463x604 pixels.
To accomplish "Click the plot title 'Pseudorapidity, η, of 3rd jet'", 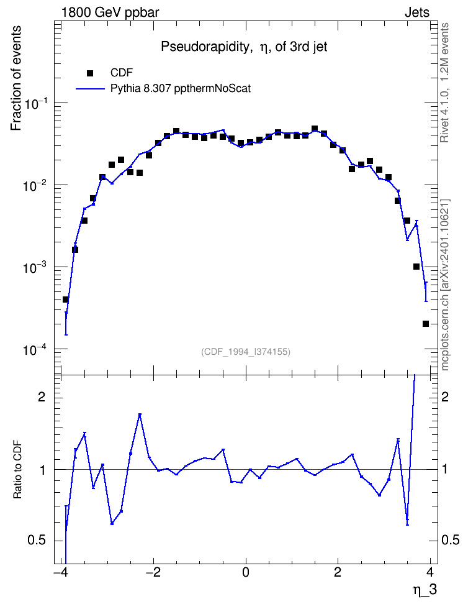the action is click(x=244, y=47).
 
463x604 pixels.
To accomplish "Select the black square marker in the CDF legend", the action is click(x=90, y=73).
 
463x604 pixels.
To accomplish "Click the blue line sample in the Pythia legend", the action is click(x=90, y=89).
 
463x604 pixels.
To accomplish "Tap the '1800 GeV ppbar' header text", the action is click(x=110, y=12).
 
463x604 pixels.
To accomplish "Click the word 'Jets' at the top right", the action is click(x=417, y=12).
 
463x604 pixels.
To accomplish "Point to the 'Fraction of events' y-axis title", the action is click(x=16, y=78).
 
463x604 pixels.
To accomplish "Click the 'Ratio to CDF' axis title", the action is click(x=17, y=470).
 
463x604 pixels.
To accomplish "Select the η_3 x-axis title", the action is click(x=425, y=589).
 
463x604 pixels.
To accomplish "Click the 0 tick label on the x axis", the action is click(x=246, y=571).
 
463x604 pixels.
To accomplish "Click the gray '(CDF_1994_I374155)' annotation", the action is click(x=246, y=352).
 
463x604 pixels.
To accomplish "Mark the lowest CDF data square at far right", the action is click(x=425, y=324).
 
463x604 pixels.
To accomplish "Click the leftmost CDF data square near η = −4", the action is click(x=65, y=300).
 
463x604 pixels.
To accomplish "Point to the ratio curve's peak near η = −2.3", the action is click(x=140, y=415).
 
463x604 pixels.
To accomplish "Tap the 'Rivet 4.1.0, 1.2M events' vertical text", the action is click(x=444, y=83).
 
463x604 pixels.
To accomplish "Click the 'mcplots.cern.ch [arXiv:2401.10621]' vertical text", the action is click(x=444, y=285).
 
